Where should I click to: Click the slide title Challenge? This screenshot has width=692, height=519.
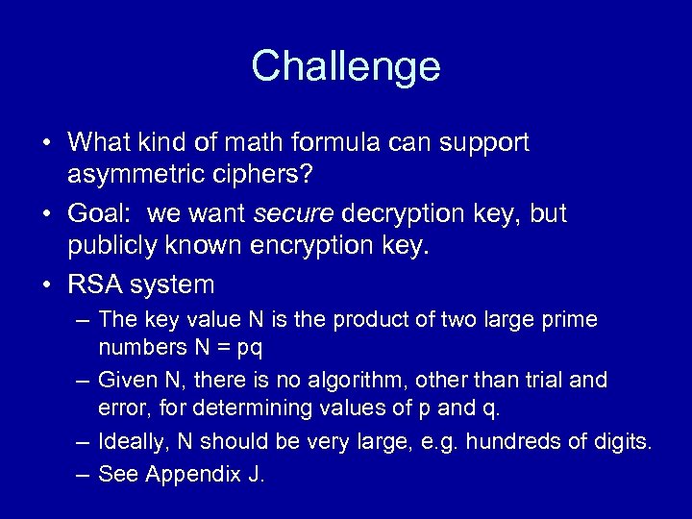coord(346,66)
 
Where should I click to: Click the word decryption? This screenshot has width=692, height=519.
coord(408,214)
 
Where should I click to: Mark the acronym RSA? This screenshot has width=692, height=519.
coord(96,284)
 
